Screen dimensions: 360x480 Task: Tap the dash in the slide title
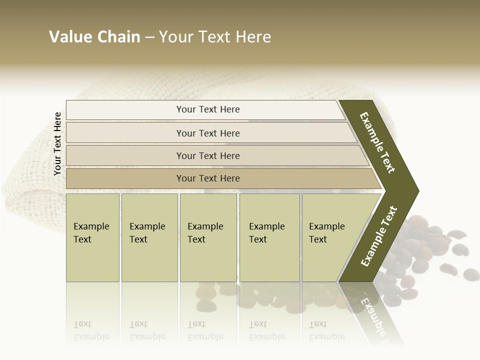[x=149, y=37]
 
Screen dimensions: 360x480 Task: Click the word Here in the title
[x=253, y=37]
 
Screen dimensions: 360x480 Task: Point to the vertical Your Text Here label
[x=57, y=144]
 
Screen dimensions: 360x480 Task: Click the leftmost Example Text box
[x=92, y=237]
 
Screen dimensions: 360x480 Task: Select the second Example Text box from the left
[x=149, y=237]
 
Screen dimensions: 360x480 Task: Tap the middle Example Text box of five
[x=208, y=237]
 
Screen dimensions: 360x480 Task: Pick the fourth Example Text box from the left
[x=269, y=237]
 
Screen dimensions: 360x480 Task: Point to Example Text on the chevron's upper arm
[x=377, y=142]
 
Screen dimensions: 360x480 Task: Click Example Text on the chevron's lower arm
[x=379, y=236]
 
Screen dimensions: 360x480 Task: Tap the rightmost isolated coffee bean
[x=471, y=274]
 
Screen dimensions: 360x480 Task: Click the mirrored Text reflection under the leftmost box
[x=82, y=324]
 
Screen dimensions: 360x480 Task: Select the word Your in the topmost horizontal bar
[x=185, y=109]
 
